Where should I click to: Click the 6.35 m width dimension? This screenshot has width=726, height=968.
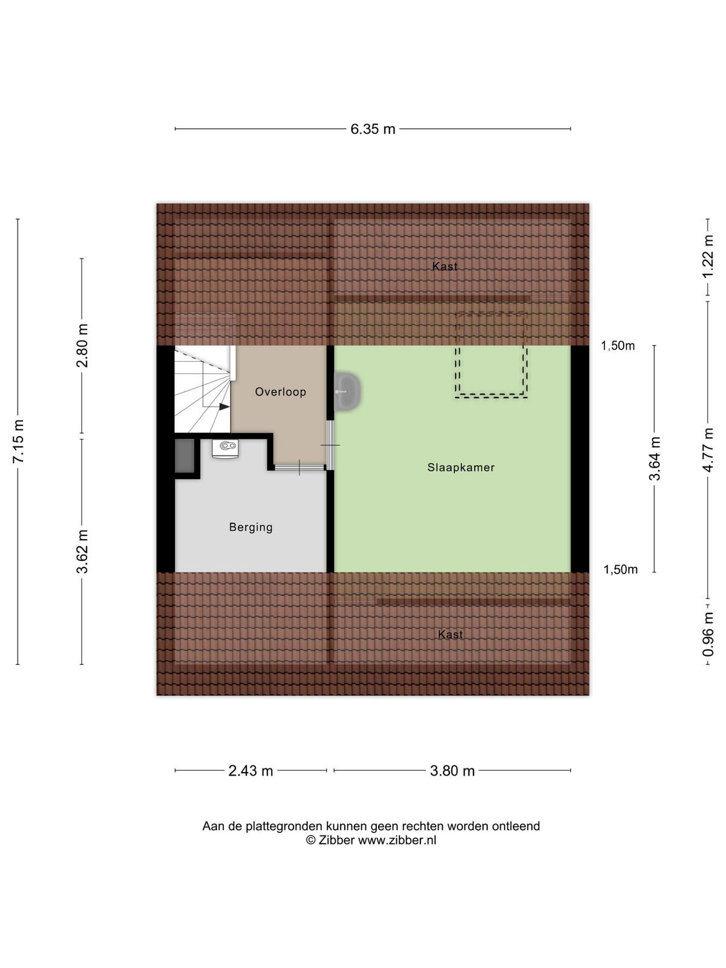tap(373, 129)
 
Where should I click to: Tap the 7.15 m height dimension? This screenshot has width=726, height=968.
tap(18, 441)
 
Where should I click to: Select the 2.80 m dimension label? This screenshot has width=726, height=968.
tap(82, 345)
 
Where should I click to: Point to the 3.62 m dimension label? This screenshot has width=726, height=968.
tap(82, 551)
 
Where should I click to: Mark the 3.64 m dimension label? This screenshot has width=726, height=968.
tap(654, 458)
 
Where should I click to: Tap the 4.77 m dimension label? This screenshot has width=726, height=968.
tap(708, 450)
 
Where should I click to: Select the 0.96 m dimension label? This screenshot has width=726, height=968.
tap(708, 633)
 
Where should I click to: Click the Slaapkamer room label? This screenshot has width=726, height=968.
tap(460, 468)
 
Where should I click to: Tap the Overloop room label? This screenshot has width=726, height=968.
tap(280, 391)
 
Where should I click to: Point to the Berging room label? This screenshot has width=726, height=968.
tap(251, 528)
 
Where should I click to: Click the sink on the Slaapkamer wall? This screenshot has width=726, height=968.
tap(348, 391)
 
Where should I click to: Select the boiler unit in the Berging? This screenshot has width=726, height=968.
tap(225, 448)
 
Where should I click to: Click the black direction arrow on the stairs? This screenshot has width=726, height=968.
tap(224, 407)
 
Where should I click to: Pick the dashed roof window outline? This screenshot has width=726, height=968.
tap(491, 355)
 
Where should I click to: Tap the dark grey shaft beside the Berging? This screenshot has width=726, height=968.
tap(185, 456)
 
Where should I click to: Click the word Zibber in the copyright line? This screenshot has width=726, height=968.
tap(336, 840)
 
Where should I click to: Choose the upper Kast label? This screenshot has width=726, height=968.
tap(445, 266)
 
